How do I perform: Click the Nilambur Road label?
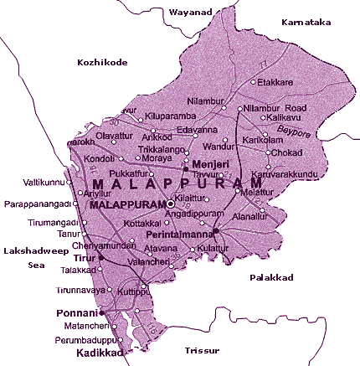[275, 108]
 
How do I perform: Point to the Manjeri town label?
[210, 164]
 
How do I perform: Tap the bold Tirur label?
[86, 259]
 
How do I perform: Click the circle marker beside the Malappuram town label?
[171, 204]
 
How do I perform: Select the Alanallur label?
[257, 215]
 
